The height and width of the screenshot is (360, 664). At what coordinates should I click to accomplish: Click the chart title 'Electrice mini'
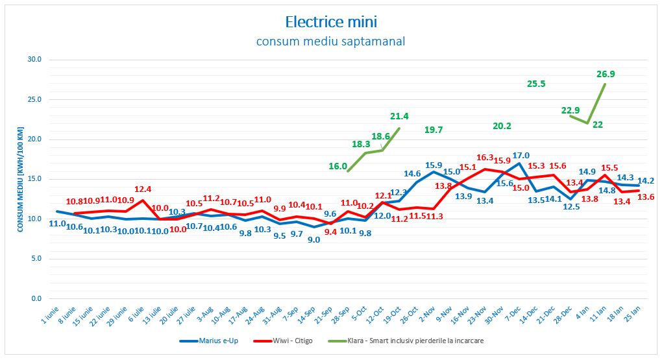coord(331,21)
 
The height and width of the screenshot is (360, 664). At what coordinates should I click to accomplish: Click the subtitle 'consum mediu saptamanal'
coord(331,42)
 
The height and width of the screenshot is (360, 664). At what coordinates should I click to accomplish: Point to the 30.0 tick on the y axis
coord(34,60)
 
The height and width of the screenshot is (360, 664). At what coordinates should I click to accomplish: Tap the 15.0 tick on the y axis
coord(34,179)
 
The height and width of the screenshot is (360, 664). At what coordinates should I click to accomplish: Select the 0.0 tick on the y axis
coord(36,299)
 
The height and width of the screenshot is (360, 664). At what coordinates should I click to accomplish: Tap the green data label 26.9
coord(606,74)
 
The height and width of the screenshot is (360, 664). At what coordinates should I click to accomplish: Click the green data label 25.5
coord(536,84)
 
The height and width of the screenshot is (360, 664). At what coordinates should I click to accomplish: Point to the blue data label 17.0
coord(521,155)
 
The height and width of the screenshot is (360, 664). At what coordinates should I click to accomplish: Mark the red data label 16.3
coord(485,158)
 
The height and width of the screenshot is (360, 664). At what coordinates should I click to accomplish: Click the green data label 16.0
coord(338,166)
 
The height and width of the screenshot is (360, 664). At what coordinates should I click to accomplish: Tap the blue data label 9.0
coord(314,239)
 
